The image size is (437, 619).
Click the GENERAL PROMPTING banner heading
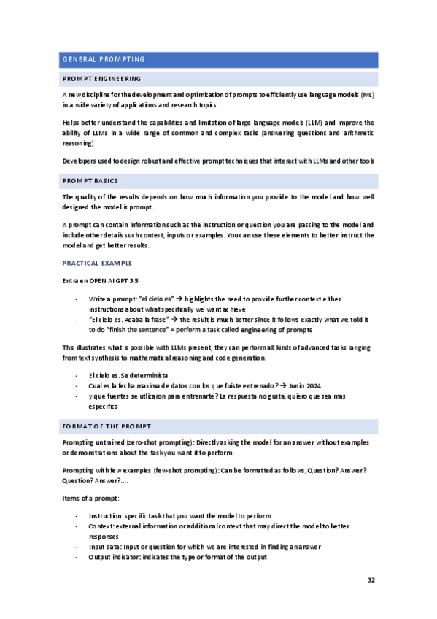tap(104, 60)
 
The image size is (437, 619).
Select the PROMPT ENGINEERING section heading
tap(102, 79)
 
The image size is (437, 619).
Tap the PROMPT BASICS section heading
tap(91, 180)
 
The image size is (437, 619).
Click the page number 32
tap(371, 580)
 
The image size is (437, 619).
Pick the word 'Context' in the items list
tap(101, 526)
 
